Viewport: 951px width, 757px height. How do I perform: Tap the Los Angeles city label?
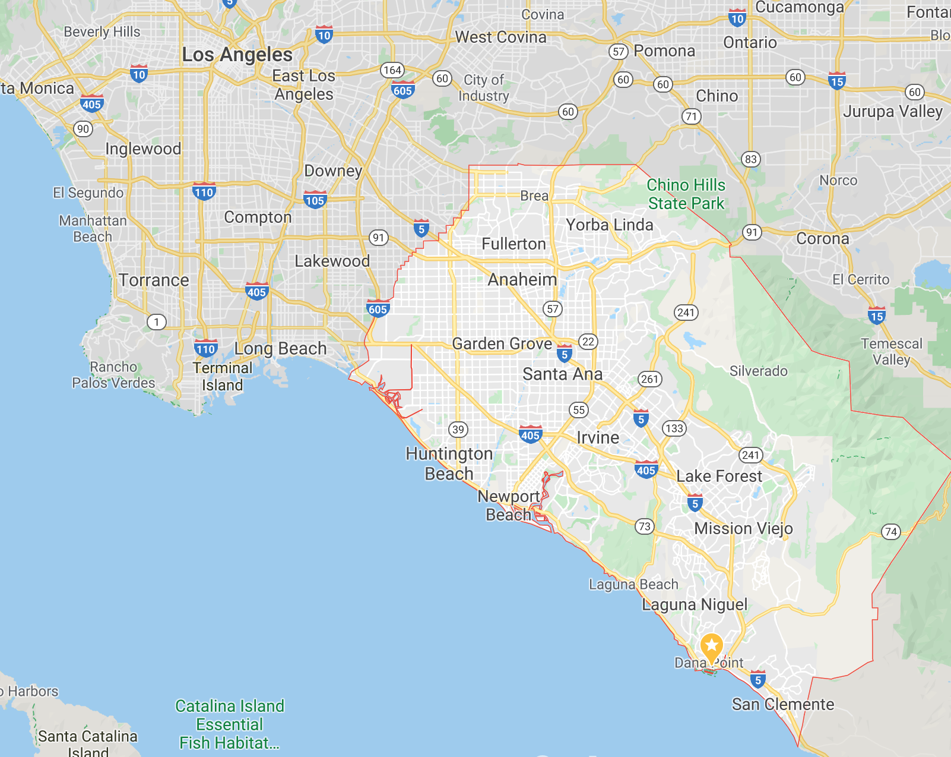click(237, 55)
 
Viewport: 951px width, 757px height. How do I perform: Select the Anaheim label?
click(522, 279)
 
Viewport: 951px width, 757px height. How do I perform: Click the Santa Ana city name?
click(562, 374)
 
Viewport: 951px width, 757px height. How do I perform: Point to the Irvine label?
click(598, 437)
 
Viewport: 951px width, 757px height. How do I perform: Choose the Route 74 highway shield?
click(890, 532)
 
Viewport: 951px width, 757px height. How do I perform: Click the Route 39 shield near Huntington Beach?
click(458, 430)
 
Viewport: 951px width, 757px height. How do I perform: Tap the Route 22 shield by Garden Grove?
click(588, 342)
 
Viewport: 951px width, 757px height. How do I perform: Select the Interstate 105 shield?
click(315, 200)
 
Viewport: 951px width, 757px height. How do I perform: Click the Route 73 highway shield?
click(644, 526)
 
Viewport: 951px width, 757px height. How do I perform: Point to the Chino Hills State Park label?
click(686, 194)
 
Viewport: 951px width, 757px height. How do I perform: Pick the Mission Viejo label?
click(743, 528)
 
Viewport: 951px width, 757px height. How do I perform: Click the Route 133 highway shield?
click(674, 428)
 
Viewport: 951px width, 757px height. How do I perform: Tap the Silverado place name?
click(758, 371)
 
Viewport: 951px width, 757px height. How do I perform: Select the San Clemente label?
click(782, 704)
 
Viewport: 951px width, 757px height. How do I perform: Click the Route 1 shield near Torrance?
click(156, 322)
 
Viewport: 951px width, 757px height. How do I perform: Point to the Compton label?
click(258, 217)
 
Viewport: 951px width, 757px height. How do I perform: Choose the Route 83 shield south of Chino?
click(750, 159)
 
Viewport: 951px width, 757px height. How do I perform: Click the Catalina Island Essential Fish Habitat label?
click(230, 724)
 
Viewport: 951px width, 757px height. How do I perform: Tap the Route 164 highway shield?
click(392, 70)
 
